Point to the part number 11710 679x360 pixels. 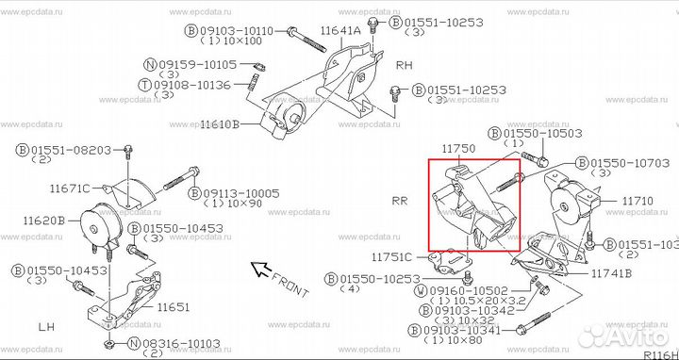[638, 201]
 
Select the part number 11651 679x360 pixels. [174, 306]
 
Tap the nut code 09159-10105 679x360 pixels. [199, 64]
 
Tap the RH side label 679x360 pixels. [405, 67]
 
